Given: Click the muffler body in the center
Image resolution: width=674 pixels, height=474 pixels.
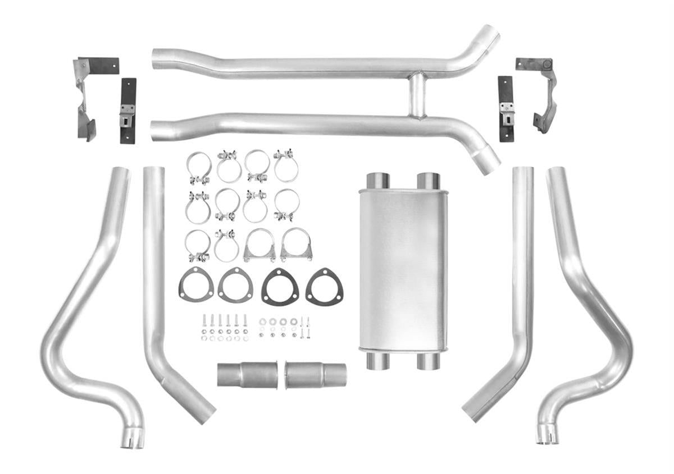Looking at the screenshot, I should click(403, 269).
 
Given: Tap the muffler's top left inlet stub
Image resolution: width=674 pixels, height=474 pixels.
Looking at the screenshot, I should click(378, 181).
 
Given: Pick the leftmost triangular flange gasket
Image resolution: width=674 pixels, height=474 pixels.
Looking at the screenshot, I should click(196, 285).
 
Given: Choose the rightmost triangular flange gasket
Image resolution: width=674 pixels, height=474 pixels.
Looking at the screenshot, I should click(324, 286).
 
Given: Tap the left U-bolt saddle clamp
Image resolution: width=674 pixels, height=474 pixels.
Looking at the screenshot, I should click(259, 245).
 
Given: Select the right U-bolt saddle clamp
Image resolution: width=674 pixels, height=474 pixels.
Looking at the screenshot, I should click(296, 245).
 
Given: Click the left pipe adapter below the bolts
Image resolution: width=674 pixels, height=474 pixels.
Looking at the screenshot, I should click(247, 374).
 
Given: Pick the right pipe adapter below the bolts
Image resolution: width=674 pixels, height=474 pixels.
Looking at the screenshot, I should click(315, 374).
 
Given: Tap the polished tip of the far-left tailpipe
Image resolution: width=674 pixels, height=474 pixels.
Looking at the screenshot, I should click(132, 439).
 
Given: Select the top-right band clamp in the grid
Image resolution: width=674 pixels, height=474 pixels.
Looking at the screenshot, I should click(286, 165).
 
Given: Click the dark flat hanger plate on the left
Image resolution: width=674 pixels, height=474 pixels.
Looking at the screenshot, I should click(128, 111).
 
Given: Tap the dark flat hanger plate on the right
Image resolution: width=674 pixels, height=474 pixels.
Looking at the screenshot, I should click(505, 109).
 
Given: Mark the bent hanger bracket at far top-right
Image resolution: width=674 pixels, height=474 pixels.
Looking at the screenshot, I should click(540, 93).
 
